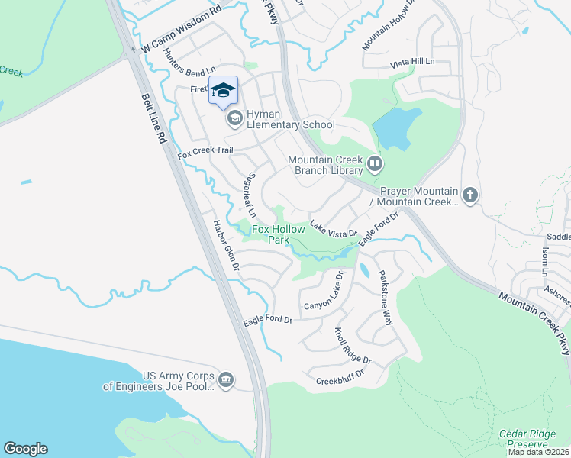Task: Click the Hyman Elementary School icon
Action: point(234,118)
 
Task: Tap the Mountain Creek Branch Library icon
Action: point(375,163)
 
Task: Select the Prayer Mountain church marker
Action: point(469,195)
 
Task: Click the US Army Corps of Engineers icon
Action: point(225,380)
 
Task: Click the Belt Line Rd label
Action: point(155,120)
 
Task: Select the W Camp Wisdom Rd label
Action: point(181,36)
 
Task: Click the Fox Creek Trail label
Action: point(205,151)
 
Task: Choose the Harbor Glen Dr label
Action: point(227,247)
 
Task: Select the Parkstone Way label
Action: point(386,297)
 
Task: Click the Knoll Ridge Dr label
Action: point(353,346)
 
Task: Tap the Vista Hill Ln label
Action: point(412,61)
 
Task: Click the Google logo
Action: point(25,448)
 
